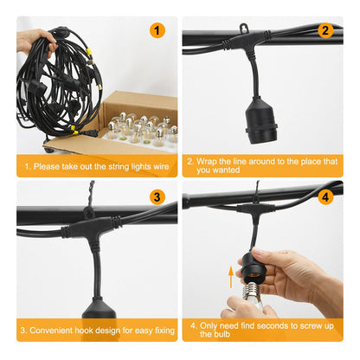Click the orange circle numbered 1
157,30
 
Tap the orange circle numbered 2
325,30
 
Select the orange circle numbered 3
157,197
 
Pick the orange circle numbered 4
325,197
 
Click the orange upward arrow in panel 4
231,277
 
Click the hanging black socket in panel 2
260,121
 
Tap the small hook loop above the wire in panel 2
244,29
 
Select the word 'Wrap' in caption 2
206,161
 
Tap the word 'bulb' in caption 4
222,334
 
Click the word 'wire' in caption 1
161,166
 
